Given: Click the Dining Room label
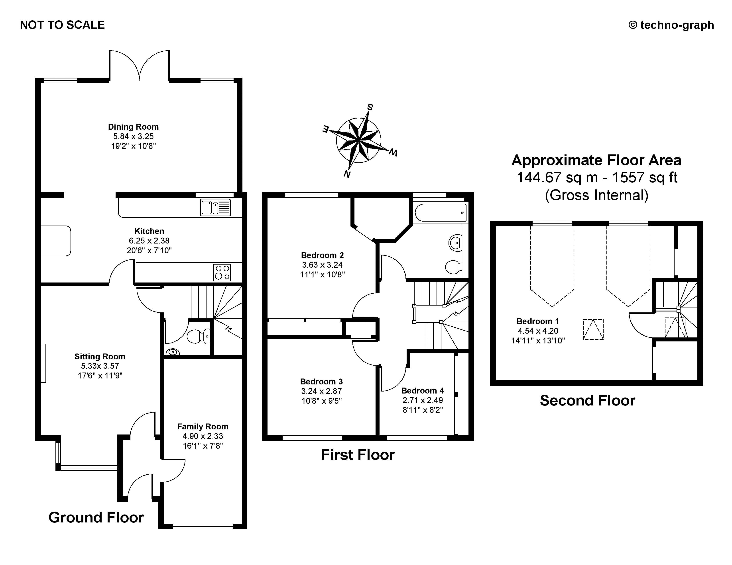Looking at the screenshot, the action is (x=133, y=127).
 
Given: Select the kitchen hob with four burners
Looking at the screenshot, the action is (x=222, y=272).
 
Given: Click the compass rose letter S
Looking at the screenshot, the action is (x=370, y=107).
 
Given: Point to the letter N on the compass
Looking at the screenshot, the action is (x=347, y=174).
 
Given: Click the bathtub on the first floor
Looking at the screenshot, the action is (x=440, y=212).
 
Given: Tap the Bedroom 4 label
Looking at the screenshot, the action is (x=422, y=391).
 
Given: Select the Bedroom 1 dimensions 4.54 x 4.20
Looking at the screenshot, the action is (x=538, y=331).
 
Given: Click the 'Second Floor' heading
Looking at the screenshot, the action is (x=587, y=401).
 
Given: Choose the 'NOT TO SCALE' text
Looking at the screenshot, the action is (x=62, y=25).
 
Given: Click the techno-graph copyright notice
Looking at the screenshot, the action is (x=671, y=25).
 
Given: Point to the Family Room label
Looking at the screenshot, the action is (x=203, y=427).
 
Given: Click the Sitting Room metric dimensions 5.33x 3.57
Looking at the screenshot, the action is (x=100, y=366).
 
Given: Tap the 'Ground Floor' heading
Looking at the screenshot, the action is (x=96, y=517).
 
